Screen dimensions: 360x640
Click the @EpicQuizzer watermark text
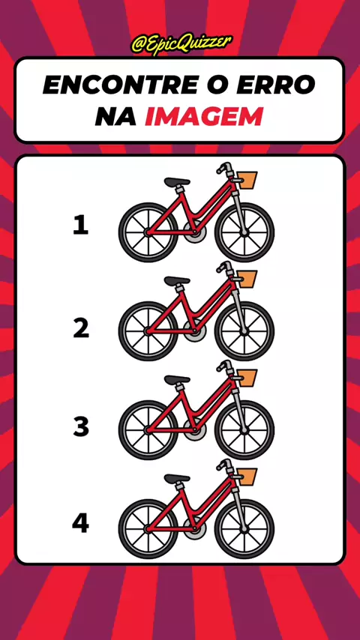181,44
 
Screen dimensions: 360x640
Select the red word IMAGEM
204,116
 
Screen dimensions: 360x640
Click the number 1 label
80,226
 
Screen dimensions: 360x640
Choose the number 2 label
81,329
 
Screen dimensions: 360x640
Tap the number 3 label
81,427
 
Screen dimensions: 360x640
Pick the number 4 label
80,524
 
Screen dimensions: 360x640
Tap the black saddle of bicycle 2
177,281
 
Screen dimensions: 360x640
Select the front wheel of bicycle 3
244,430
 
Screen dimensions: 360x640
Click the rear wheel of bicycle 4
148,529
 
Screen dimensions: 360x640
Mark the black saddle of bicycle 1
177,181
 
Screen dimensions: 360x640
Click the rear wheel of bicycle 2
148,331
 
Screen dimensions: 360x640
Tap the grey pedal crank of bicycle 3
194,429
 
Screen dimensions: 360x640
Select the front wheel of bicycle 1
244,232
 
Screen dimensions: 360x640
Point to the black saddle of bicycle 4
177,478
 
